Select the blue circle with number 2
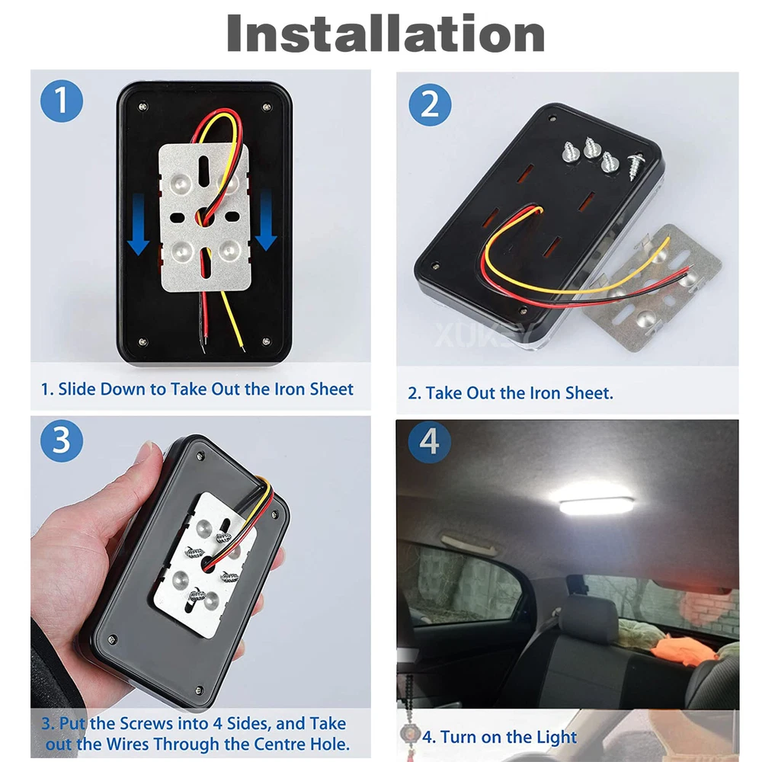[430, 104]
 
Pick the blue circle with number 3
[62, 440]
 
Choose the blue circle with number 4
[429, 442]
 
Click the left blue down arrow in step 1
[139, 223]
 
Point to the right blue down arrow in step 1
[266, 219]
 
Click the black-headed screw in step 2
[635, 165]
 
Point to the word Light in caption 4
[556, 738]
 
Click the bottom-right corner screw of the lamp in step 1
[266, 341]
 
